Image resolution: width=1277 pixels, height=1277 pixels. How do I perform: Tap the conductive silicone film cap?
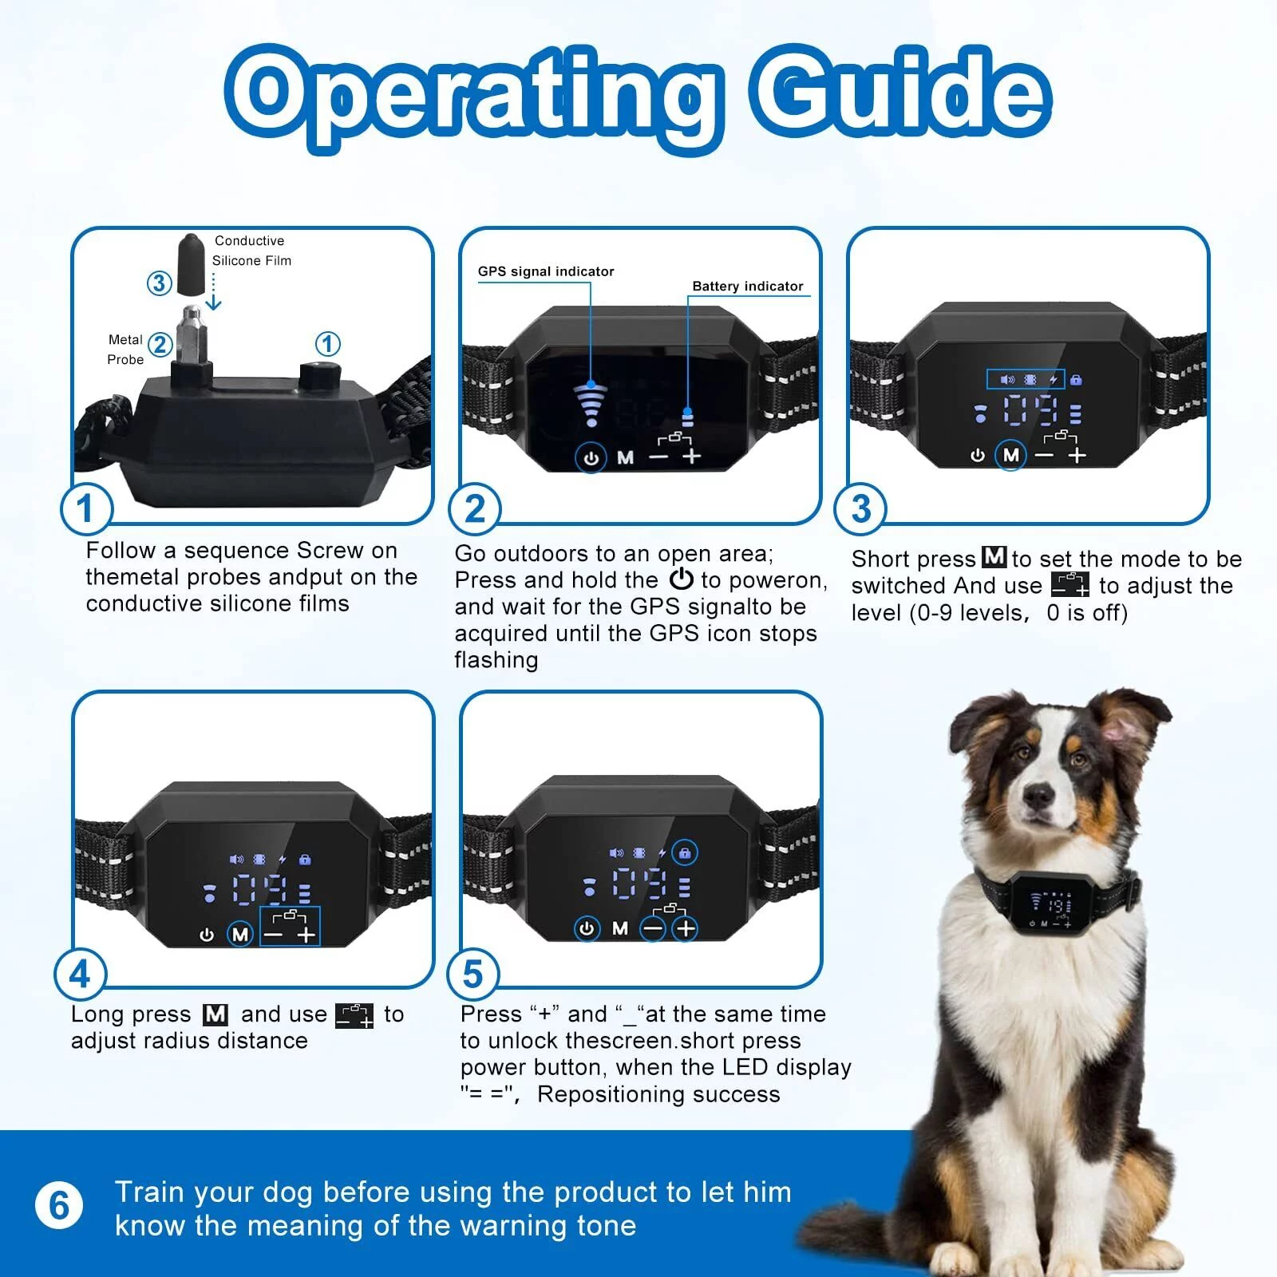(x=191, y=264)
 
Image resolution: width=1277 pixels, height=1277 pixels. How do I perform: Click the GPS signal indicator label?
(x=546, y=271)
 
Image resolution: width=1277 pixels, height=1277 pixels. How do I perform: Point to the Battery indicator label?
(x=747, y=287)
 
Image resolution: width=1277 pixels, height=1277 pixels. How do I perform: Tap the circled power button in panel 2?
(x=591, y=458)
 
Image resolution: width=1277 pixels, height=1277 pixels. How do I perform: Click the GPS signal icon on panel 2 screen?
(x=591, y=403)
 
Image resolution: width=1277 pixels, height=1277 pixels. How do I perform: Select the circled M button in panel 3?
(x=1011, y=455)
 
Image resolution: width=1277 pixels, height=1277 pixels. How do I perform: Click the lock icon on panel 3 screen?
(x=1075, y=380)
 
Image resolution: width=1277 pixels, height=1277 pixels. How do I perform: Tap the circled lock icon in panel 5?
(x=684, y=853)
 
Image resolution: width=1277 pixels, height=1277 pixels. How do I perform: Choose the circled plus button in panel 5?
(x=686, y=928)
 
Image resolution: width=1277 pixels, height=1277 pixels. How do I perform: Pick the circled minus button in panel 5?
(x=653, y=928)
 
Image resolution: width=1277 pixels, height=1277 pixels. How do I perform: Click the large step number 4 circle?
(x=80, y=975)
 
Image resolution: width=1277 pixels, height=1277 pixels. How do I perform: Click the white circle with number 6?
(x=59, y=1206)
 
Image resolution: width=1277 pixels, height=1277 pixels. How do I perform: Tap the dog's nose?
(x=1039, y=794)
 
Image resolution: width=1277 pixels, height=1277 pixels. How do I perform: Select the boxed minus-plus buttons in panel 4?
(x=290, y=927)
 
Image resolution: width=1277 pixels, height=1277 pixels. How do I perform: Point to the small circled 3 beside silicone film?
(x=160, y=283)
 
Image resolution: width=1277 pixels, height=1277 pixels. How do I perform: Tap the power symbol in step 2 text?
(x=681, y=579)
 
